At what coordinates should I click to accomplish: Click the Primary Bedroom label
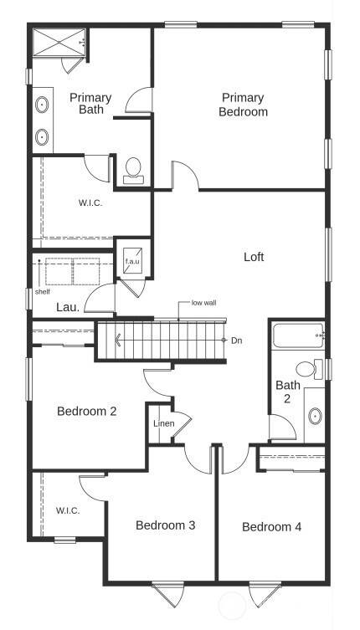pyautogui.click(x=244, y=105)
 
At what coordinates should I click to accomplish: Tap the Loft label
pyautogui.click(x=254, y=257)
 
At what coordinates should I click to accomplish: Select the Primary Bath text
pyautogui.click(x=90, y=104)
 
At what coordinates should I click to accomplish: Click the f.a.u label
pyautogui.click(x=132, y=262)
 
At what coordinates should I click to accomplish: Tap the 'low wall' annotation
pyautogui.click(x=203, y=302)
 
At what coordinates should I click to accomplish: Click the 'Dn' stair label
pyautogui.click(x=237, y=341)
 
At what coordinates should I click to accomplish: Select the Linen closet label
pyautogui.click(x=164, y=423)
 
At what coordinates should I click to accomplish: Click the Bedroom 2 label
pyautogui.click(x=86, y=411)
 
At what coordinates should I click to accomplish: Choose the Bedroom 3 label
pyautogui.click(x=166, y=525)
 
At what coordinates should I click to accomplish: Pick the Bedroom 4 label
pyautogui.click(x=271, y=527)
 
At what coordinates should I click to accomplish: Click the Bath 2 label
pyautogui.click(x=288, y=392)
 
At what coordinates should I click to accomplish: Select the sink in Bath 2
pyautogui.click(x=316, y=415)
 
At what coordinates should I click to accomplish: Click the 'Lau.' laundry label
pyautogui.click(x=68, y=307)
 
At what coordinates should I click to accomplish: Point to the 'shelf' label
pyautogui.click(x=43, y=292)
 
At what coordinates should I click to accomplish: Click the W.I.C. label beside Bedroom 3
pyautogui.click(x=68, y=510)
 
